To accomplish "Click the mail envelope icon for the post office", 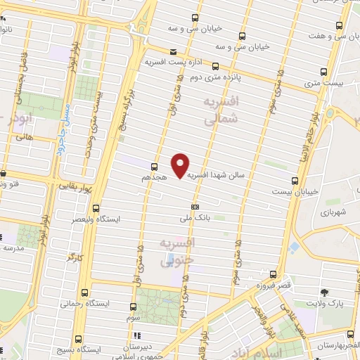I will tap(174, 51).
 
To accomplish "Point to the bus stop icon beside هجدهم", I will tap(154, 167).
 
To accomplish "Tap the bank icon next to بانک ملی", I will tap(195, 207).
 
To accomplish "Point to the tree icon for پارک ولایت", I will tap(324, 292).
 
